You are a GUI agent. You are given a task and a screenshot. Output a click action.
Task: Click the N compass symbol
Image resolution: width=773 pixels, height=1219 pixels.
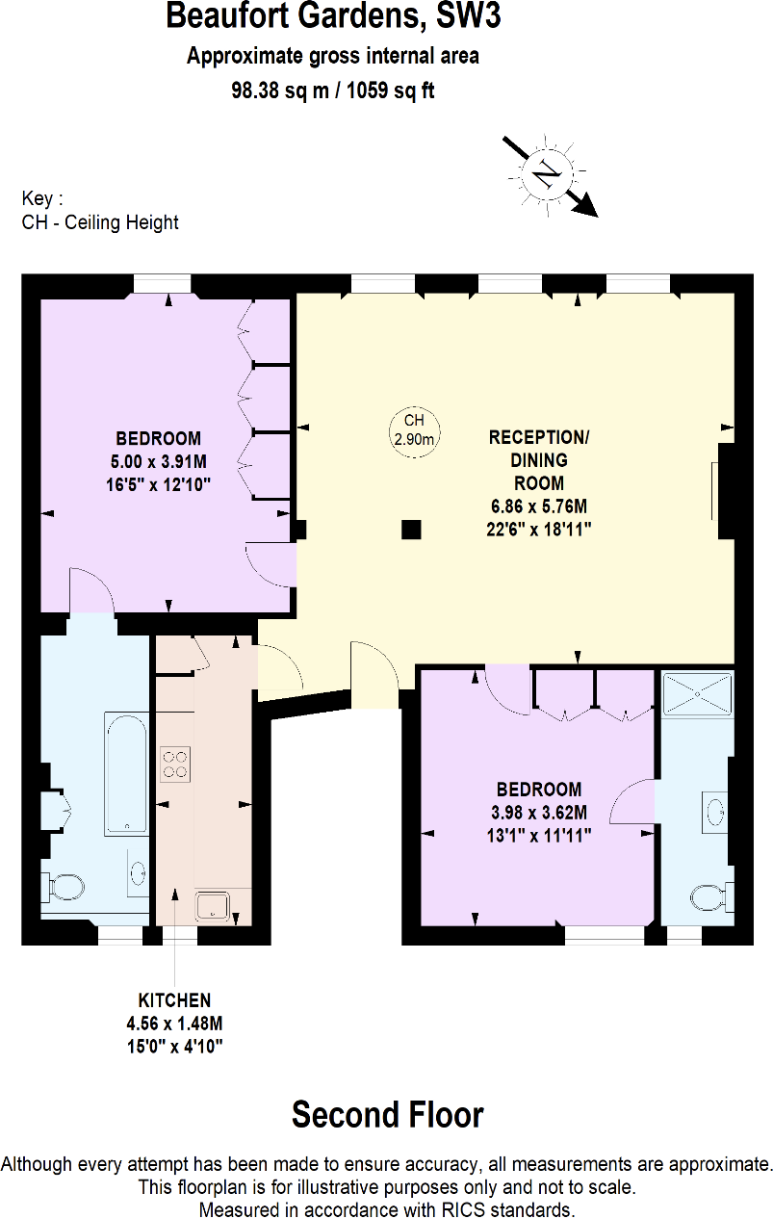pos(547,174)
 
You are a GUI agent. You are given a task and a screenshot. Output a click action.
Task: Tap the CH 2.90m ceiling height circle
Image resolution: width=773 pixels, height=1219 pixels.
pos(415,431)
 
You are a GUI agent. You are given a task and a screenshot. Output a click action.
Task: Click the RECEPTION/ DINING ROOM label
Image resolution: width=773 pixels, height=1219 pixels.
pos(538,460)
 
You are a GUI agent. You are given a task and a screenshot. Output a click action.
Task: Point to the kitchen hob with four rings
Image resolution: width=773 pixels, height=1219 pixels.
pos(175,765)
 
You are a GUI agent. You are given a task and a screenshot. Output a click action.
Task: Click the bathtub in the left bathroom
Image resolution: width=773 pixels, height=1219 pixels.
pos(127,773)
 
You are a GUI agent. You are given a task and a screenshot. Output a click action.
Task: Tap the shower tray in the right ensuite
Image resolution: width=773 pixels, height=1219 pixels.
pos(697,694)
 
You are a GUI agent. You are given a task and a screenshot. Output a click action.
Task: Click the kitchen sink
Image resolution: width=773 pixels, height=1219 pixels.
pos(213,906)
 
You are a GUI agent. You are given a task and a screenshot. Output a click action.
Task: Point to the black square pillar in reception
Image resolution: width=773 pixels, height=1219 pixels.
pos(411,530)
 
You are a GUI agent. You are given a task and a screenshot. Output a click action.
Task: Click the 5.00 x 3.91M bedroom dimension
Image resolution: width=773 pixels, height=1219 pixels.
pos(158,461)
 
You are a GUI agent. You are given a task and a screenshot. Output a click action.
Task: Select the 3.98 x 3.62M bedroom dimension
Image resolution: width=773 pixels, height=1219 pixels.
pos(539,813)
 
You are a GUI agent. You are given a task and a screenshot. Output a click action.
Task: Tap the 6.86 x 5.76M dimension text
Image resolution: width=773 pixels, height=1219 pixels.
pos(539,506)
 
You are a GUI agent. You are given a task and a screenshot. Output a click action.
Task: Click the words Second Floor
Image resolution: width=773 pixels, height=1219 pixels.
pos(388,1115)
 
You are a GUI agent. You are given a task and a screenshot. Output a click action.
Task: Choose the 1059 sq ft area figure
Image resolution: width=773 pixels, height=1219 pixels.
pos(391,91)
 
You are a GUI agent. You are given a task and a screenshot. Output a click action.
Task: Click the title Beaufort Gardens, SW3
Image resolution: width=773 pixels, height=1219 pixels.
pos(333,15)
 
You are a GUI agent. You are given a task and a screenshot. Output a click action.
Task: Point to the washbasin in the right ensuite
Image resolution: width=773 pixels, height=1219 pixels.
pos(715,812)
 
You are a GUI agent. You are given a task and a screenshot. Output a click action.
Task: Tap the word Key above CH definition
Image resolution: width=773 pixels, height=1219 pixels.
pos(38,198)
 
